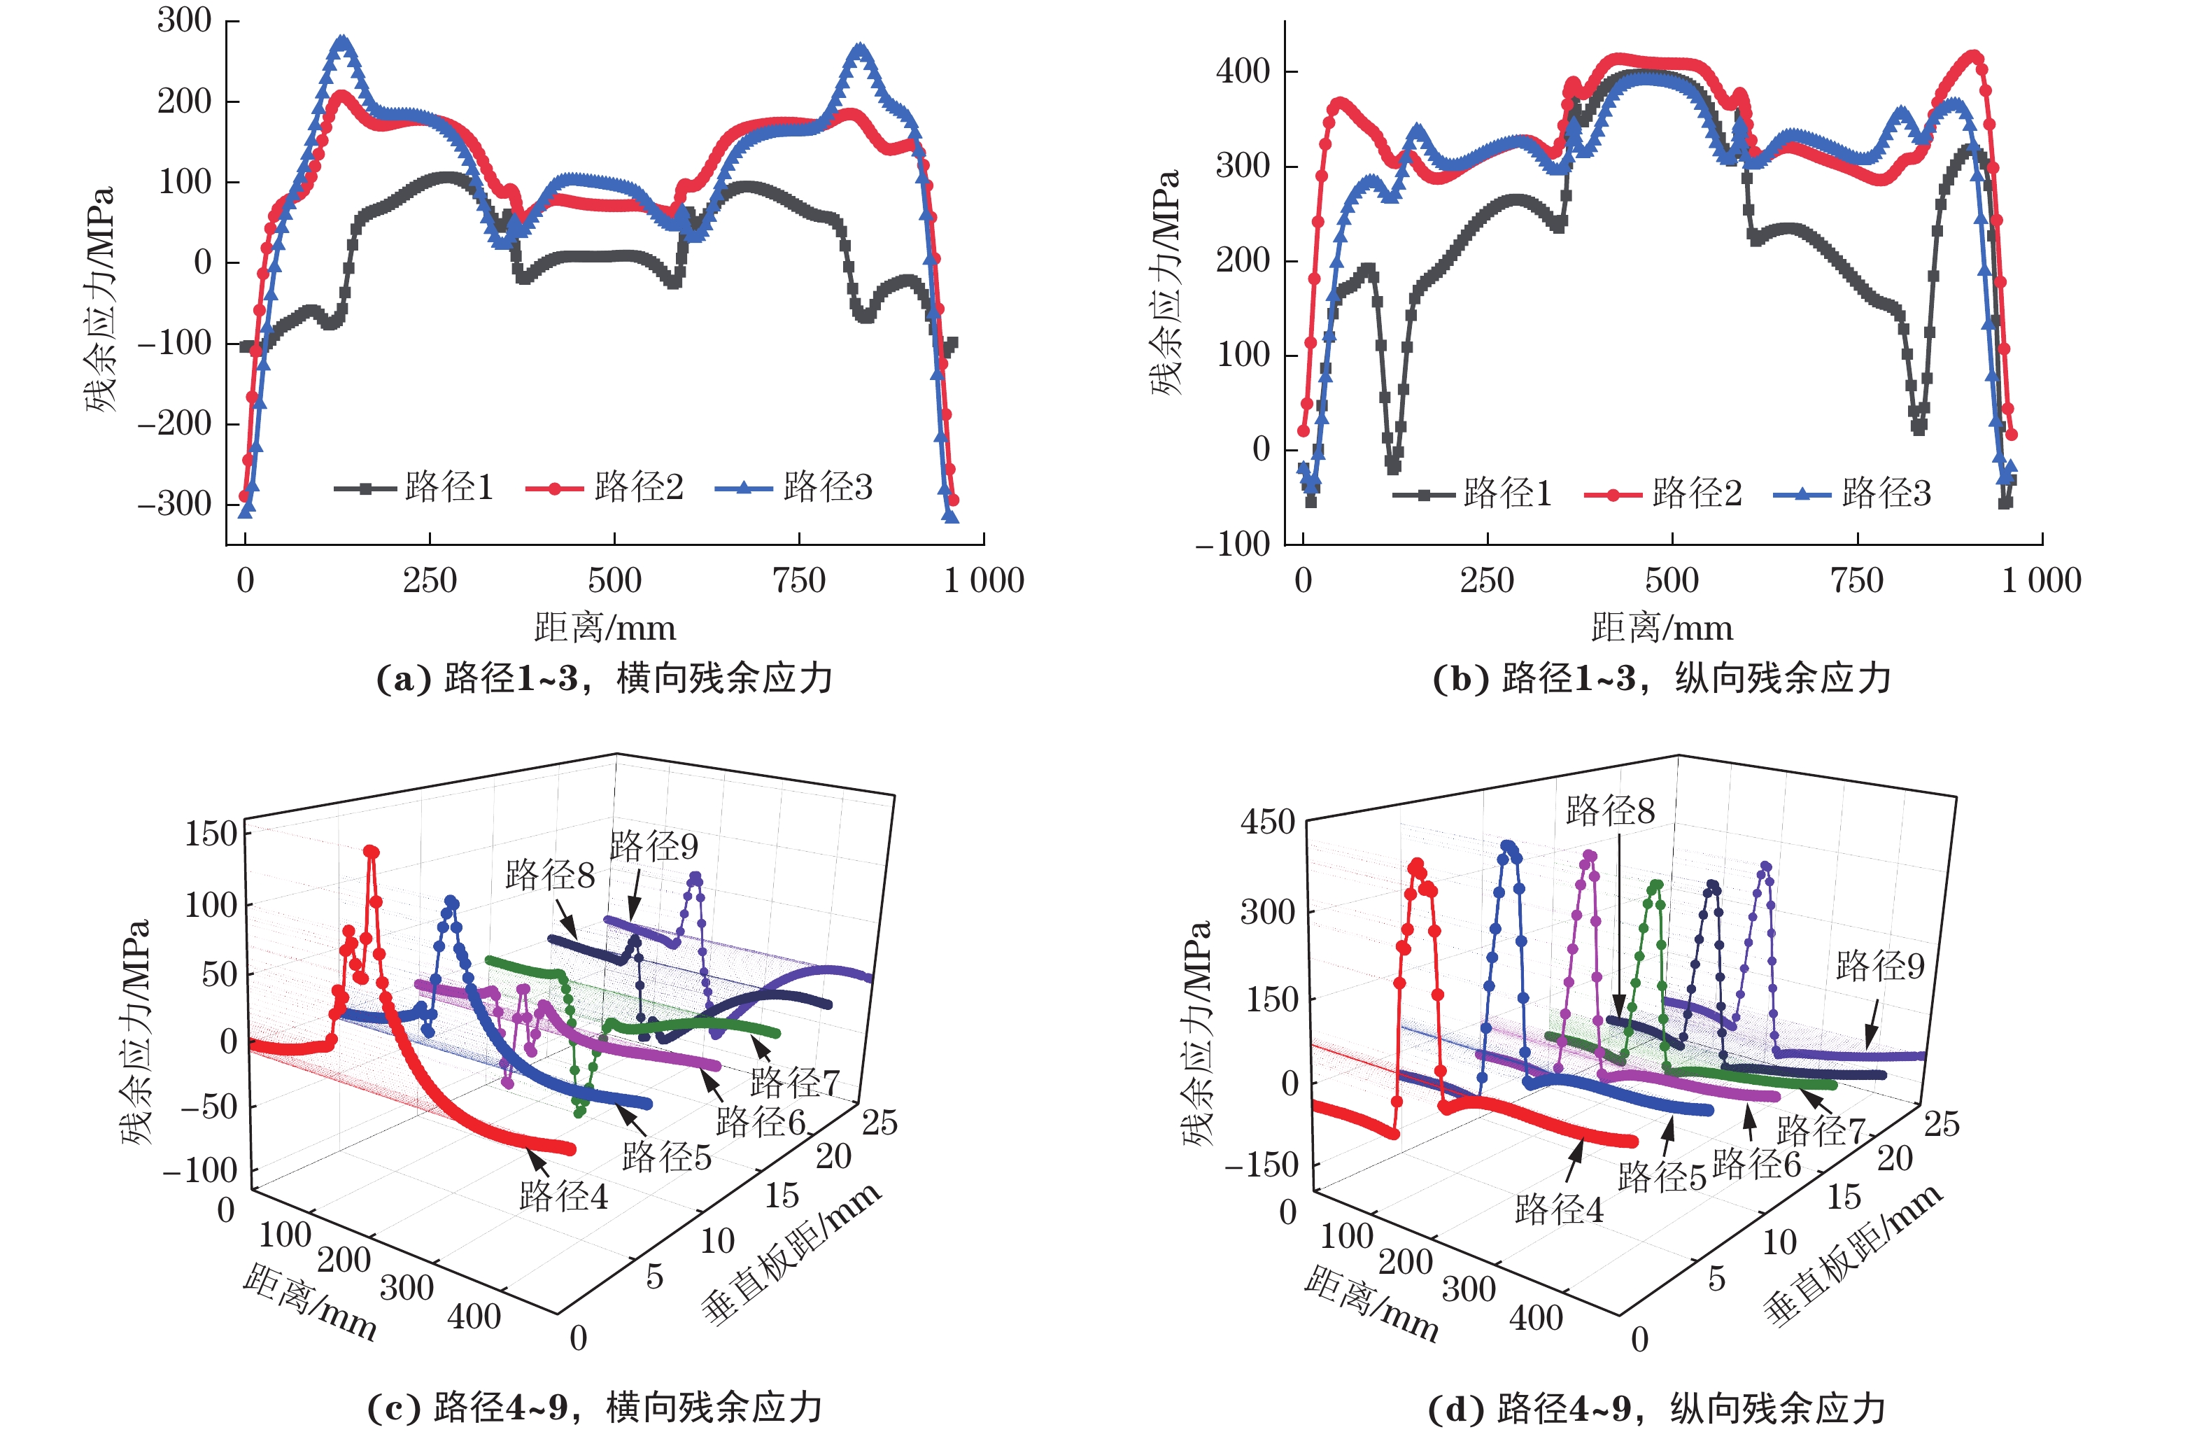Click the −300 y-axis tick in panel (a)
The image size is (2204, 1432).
(175, 505)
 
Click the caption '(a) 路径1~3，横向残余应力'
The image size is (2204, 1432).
(604, 679)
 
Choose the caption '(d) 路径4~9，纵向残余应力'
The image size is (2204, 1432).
(1657, 1409)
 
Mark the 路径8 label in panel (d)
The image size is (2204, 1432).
(1609, 811)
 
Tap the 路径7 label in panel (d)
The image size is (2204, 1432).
(1820, 1131)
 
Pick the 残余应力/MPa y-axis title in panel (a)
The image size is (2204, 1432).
(100, 298)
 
